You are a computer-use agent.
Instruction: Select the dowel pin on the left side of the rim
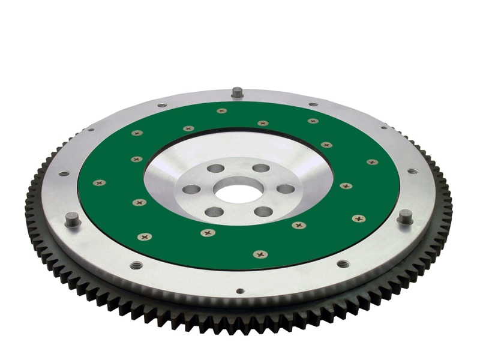73,220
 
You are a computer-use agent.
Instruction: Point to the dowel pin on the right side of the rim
405,216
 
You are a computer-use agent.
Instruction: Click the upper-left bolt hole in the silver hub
215,169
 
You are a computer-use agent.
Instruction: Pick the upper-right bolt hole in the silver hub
260,168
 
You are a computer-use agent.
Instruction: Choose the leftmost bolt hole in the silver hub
191,190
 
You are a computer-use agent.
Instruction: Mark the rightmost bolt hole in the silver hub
286,189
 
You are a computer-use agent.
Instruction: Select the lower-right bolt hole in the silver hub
263,211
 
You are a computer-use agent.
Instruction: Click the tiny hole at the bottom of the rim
240,291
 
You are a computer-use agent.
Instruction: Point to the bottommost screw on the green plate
260,254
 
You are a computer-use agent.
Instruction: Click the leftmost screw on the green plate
100,182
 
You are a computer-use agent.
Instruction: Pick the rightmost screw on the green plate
372,162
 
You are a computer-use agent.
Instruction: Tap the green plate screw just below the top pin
222,111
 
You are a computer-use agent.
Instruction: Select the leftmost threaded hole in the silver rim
64,173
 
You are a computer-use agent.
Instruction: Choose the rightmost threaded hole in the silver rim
412,171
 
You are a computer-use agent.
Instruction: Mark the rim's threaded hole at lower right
343,263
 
